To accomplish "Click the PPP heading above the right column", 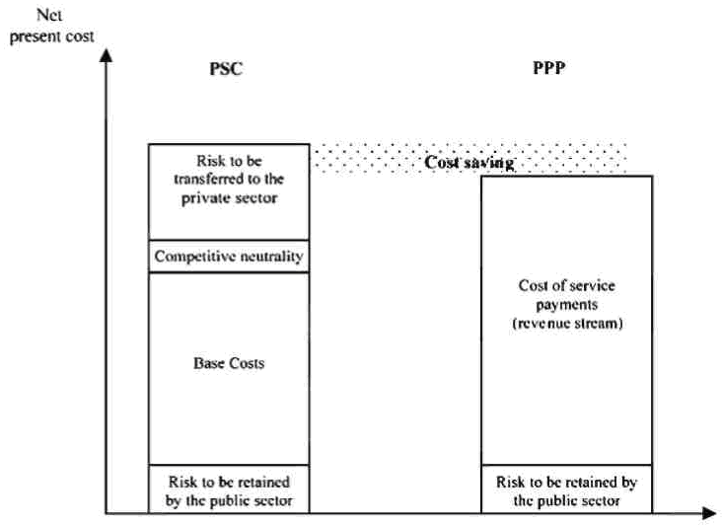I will pos(565,72).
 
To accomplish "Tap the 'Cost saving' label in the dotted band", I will pos(470,163).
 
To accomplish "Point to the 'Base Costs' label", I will pos(229,363).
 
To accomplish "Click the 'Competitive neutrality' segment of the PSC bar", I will pos(229,257).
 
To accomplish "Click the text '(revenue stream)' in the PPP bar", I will pos(566,322).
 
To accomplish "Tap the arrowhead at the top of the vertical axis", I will pos(104,53).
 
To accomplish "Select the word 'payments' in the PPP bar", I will pos(566,304).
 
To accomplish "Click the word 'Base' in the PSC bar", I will pos(209,363).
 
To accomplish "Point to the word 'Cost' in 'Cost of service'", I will pos(533,286).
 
